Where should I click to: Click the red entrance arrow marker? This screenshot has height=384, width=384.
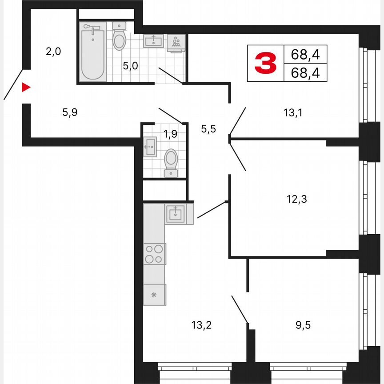[26, 87]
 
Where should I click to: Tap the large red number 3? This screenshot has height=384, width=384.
[265, 63]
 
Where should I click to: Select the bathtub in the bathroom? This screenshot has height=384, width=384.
[93, 51]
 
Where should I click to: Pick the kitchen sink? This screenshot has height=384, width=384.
[176, 214]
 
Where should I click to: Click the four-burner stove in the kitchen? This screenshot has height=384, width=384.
[154, 254]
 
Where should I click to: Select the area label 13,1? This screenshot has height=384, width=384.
[294, 113]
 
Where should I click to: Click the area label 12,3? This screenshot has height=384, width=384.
[297, 199]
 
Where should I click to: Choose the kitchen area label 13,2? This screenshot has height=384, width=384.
[201, 325]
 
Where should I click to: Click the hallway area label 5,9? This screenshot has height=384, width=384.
[70, 112]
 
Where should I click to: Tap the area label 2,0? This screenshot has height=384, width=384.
[53, 52]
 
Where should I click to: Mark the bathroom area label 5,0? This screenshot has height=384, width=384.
[130, 67]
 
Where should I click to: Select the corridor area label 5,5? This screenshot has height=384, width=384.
[208, 129]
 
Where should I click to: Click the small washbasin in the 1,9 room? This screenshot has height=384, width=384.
[150, 146]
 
